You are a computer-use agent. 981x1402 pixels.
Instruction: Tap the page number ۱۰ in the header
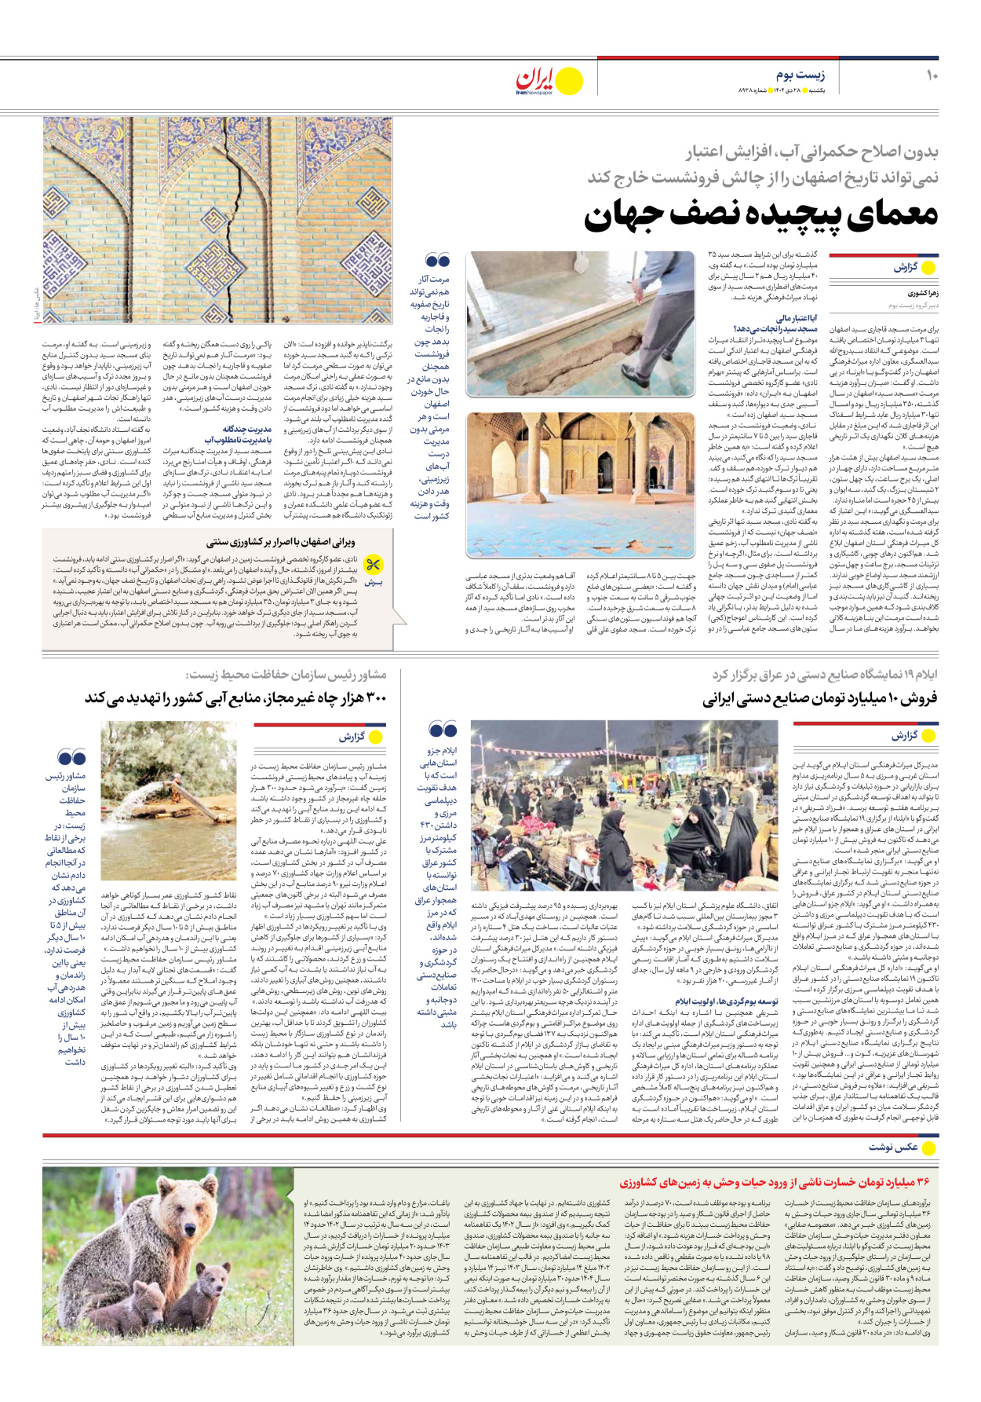(931, 75)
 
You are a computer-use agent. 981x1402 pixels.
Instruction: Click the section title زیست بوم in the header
(800, 75)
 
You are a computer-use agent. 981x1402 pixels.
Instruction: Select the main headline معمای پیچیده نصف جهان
(760, 216)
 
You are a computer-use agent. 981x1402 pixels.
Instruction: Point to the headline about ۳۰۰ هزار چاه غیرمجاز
(235, 697)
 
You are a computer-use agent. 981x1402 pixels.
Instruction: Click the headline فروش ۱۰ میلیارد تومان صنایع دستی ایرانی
(819, 698)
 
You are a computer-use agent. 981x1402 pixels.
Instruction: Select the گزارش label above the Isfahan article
(906, 267)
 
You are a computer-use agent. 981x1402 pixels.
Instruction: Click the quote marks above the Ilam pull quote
(443, 730)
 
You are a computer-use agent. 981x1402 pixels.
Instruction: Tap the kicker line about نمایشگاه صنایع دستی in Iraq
(824, 675)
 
